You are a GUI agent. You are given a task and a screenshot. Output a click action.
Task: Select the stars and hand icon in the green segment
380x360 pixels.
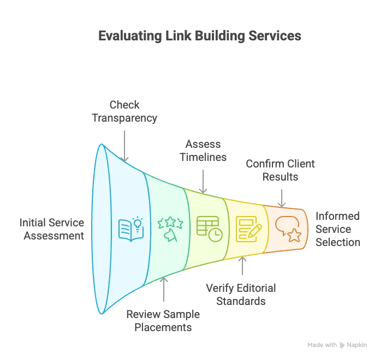point(169,229)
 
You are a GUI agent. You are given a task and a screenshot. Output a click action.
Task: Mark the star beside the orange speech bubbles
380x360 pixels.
point(294,236)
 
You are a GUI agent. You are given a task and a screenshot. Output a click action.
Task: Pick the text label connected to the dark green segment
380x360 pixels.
point(164,321)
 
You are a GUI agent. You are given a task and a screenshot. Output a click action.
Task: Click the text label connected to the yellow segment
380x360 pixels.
point(243,293)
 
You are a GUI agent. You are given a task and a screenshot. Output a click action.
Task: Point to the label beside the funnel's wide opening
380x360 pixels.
point(52,229)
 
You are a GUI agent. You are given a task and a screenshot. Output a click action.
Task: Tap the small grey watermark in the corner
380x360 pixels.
point(336,345)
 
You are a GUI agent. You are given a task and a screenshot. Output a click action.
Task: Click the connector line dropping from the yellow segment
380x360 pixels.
point(243,269)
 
